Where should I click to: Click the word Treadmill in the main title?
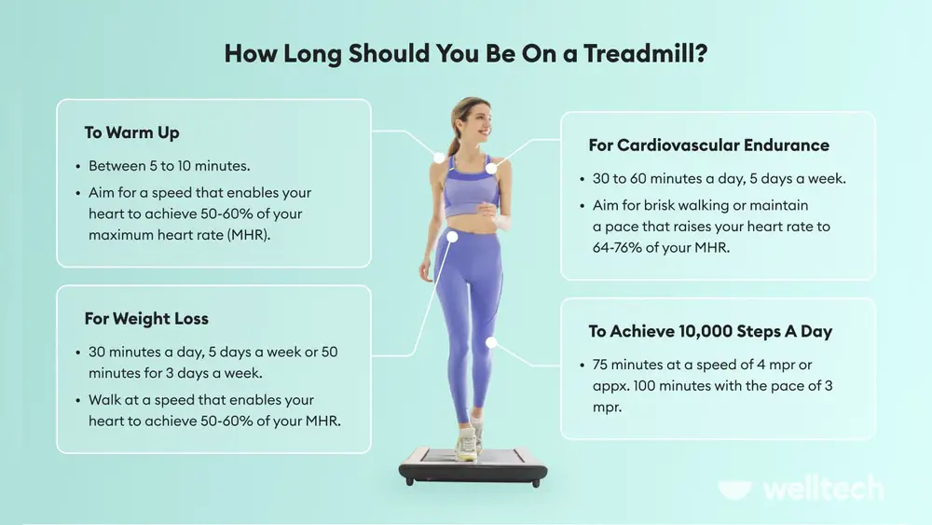(x=644, y=54)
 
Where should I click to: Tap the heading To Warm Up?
(x=131, y=132)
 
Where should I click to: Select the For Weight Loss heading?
(x=146, y=319)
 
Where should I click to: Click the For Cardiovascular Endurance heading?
(x=708, y=145)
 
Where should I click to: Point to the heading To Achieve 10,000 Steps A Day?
(x=710, y=331)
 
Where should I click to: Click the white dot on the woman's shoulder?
(x=439, y=158)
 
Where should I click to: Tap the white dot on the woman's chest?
(x=491, y=167)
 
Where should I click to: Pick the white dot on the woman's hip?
(x=452, y=237)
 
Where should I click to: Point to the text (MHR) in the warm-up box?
(x=251, y=234)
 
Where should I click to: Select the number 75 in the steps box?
(x=602, y=365)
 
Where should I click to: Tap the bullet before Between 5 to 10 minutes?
(x=77, y=166)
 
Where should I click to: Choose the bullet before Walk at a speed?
(x=77, y=399)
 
